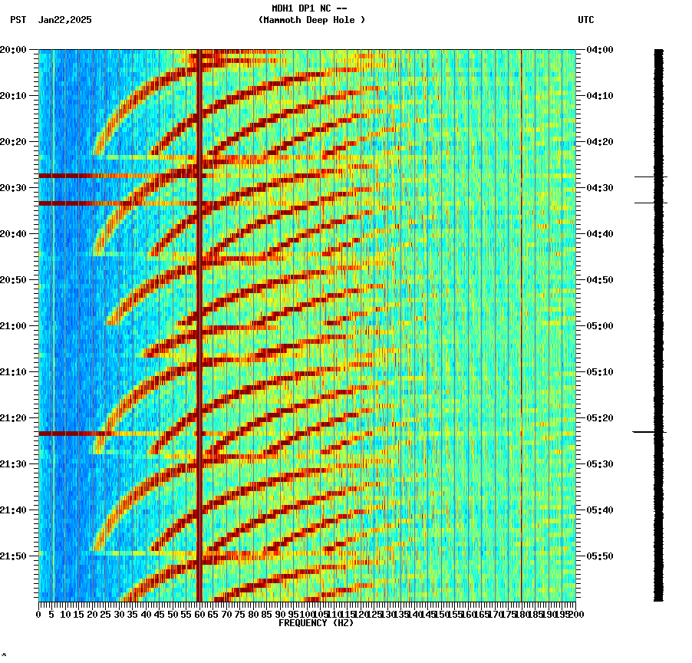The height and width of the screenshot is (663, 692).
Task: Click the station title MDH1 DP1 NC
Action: [309, 8]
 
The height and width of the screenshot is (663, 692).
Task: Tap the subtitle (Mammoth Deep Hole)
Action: [311, 20]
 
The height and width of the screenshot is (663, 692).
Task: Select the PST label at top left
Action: [18, 20]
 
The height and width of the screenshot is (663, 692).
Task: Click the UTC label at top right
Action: [585, 20]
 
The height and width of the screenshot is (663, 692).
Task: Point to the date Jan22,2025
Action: [64, 20]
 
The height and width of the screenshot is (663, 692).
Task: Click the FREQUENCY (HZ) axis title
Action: [315, 623]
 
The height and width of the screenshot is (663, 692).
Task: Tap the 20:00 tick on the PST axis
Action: [14, 50]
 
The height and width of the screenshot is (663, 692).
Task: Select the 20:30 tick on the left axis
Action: [14, 188]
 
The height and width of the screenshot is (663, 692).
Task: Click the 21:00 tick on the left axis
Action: [14, 326]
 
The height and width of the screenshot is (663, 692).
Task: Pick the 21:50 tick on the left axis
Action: [14, 556]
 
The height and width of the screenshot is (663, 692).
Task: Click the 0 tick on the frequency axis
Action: [39, 614]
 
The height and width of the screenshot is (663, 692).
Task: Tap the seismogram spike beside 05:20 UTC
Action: [649, 432]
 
